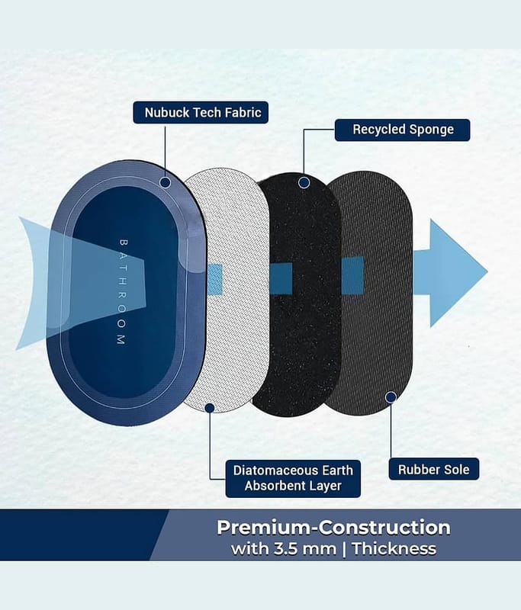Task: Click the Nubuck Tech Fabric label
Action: point(201,112)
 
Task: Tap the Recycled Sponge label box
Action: point(402,130)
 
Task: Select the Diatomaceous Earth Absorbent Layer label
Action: point(293,478)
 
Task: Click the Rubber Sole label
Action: point(434,469)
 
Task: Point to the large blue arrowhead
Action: point(455,272)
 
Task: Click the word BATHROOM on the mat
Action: point(122,292)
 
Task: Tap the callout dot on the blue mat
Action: point(165,182)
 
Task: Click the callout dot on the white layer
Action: point(210,408)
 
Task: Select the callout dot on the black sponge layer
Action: point(304,182)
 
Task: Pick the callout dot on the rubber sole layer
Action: point(391,396)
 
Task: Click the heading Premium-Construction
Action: point(333,528)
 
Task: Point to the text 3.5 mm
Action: point(305,549)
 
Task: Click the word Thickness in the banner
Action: point(394,549)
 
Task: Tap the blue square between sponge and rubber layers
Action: point(352,275)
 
